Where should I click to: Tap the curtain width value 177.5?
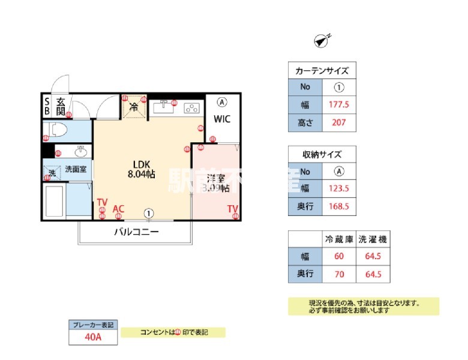(x=340, y=104)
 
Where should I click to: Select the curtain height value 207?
(x=340, y=123)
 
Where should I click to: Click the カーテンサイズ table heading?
(x=322, y=70)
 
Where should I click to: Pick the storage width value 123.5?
(x=340, y=188)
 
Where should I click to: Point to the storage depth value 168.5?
(x=340, y=206)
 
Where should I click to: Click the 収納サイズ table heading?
(x=322, y=154)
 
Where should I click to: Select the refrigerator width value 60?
(x=340, y=256)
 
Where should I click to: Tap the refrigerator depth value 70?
(x=340, y=275)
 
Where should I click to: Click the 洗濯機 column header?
(x=373, y=239)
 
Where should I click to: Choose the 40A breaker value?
(x=93, y=337)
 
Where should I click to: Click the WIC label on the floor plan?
(x=223, y=119)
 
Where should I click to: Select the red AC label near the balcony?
(x=119, y=208)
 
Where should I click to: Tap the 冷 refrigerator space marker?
(x=134, y=107)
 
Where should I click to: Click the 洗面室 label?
(x=76, y=169)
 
